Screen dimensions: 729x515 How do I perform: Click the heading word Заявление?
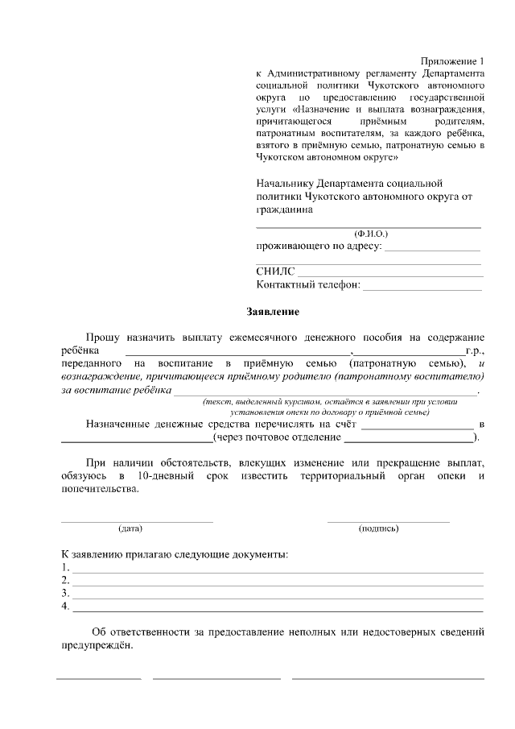[x=272, y=311]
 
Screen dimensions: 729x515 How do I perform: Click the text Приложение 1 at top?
[x=454, y=62]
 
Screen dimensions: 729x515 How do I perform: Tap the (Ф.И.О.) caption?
[x=370, y=234]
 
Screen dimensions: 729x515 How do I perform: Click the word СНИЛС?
[x=276, y=271]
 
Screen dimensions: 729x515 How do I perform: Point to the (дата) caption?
[x=130, y=528]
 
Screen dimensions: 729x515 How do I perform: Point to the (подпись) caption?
[x=378, y=528]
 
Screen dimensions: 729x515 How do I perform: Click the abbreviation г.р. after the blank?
[x=475, y=351]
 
